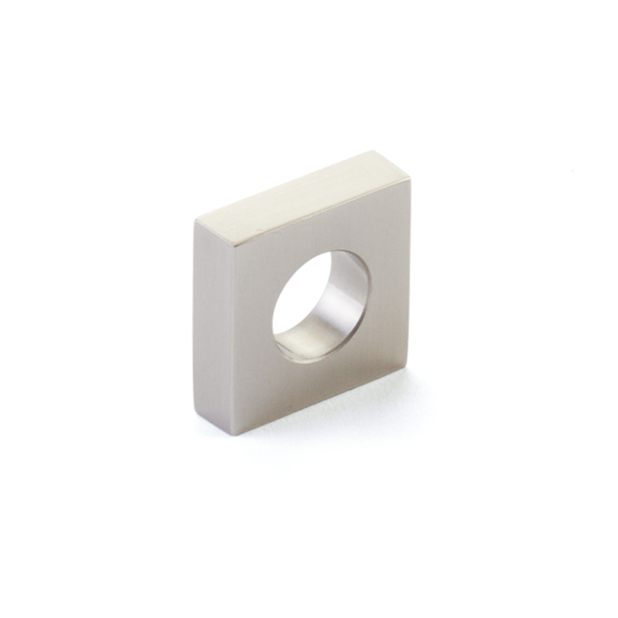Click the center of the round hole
[321, 306]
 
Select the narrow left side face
[213, 327]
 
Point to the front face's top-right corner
[410, 178]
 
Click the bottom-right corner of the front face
[408, 367]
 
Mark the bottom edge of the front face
[321, 401]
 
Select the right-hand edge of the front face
[409, 273]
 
